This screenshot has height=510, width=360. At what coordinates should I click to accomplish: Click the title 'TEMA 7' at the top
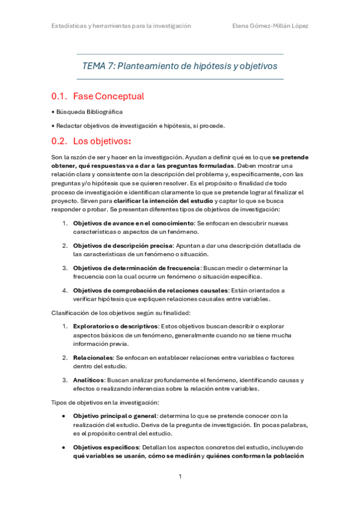pyautogui.click(x=98, y=66)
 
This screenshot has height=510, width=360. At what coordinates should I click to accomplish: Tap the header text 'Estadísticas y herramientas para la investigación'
pyautogui.click(x=120, y=26)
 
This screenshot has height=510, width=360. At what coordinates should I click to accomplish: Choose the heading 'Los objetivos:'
pyautogui.click(x=102, y=142)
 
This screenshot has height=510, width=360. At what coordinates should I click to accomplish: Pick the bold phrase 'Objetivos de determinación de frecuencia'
pyautogui.click(x=136, y=268)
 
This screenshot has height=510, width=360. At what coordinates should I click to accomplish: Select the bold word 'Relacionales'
pyautogui.click(x=94, y=357)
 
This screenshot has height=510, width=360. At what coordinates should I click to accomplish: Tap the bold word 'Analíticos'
pyautogui.click(x=89, y=380)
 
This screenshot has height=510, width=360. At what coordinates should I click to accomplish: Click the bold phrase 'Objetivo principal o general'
pyautogui.click(x=115, y=416)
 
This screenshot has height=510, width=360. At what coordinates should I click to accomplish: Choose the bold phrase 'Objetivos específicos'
pyautogui.click(x=105, y=447)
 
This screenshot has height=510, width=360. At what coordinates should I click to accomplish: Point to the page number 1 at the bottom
pyautogui.click(x=180, y=477)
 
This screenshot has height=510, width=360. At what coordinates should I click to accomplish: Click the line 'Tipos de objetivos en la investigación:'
pyautogui.click(x=105, y=402)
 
